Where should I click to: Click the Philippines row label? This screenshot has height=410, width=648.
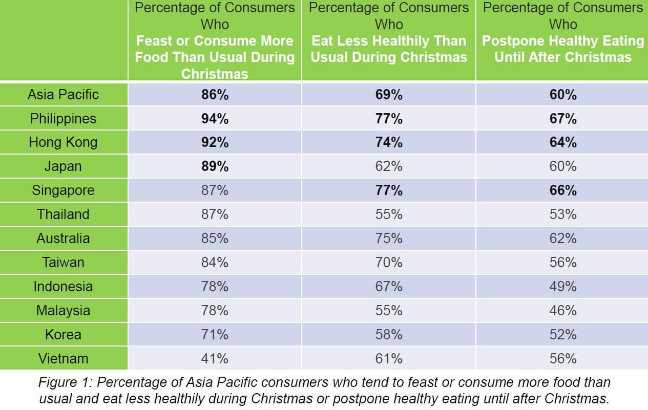tap(63, 119)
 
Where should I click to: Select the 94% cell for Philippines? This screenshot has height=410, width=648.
tap(215, 119)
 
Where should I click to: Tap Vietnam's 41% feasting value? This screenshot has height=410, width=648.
tap(215, 359)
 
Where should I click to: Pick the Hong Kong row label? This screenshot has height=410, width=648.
tap(63, 142)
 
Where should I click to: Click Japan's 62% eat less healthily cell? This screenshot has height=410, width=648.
tap(389, 166)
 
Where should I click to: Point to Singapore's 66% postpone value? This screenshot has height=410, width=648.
tap(563, 190)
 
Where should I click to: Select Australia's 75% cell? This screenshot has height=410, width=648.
tap(389, 239)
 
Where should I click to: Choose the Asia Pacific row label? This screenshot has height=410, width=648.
tap(63, 95)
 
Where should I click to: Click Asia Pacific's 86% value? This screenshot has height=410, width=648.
tap(215, 95)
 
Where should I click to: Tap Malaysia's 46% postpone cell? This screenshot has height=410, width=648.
tap(563, 311)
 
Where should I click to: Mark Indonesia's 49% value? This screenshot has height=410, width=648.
tap(563, 287)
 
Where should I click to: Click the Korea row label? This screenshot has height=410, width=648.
tap(63, 335)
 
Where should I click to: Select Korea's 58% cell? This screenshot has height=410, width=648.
tap(389, 335)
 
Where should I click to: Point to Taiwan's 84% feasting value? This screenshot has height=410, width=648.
tap(215, 263)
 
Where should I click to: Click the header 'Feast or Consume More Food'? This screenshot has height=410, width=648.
tap(215, 49)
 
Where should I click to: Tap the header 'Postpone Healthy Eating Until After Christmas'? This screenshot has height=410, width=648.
tap(563, 49)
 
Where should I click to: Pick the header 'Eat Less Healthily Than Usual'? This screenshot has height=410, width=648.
tap(389, 49)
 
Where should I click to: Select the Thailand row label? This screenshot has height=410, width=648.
tap(63, 214)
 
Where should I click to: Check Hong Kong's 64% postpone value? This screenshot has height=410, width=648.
tap(563, 142)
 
